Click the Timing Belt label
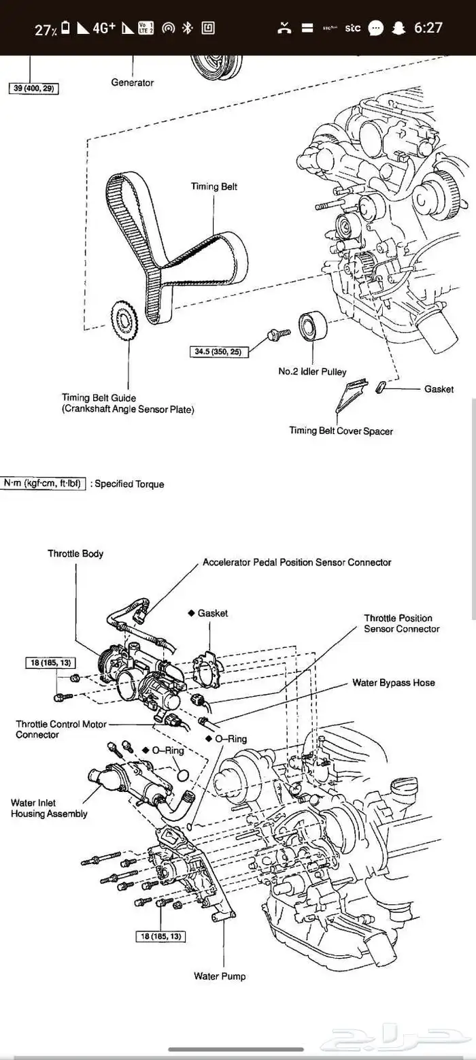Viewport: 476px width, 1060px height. [214, 186]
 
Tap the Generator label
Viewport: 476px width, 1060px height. [132, 82]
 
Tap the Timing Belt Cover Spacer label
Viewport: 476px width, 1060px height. [341, 430]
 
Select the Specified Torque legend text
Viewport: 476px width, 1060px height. [128, 484]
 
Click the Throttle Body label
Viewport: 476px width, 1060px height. [75, 554]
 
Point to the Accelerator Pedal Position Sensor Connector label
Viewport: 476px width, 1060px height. [297, 563]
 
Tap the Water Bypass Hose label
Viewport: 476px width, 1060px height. [393, 682]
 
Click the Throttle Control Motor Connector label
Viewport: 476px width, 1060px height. [61, 729]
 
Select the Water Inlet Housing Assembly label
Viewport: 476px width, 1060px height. [49, 808]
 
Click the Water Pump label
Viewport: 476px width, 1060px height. [220, 976]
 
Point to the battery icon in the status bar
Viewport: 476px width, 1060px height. [65, 28]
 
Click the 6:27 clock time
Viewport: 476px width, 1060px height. [428, 28]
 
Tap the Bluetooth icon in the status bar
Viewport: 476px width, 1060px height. [188, 28]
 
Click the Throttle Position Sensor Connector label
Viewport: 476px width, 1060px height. [401, 623]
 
